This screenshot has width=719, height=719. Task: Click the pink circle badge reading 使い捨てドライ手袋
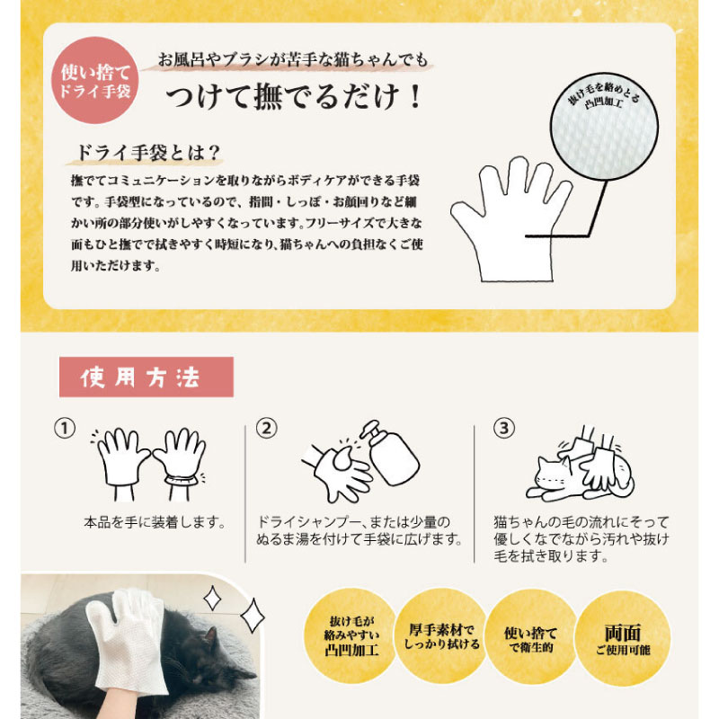pyautogui.click(x=95, y=81)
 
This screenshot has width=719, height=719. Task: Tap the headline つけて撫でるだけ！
pyautogui.click(x=294, y=96)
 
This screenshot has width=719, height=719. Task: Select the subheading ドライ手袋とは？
pyautogui.click(x=147, y=153)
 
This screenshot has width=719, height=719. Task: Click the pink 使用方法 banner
pyautogui.click(x=146, y=377)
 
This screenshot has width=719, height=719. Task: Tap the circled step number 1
pyautogui.click(x=65, y=429)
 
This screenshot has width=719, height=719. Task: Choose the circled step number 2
pyautogui.click(x=266, y=429)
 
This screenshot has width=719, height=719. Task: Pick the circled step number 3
pyautogui.click(x=504, y=429)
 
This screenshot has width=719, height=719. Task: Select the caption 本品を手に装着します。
pyautogui.click(x=155, y=522)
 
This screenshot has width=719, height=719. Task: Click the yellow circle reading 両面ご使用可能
pyautogui.click(x=623, y=638)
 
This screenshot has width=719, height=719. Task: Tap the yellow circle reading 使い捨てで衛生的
pyautogui.click(x=531, y=638)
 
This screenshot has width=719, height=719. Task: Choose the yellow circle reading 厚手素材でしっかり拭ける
pyautogui.click(x=441, y=637)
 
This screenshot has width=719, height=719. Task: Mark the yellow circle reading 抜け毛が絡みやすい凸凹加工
pyautogui.click(x=351, y=636)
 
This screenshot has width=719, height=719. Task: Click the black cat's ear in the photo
pyautogui.click(x=210, y=636)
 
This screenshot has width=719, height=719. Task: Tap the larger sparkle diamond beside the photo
pyautogui.click(x=253, y=617)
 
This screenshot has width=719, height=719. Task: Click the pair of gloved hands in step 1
pyautogui.click(x=151, y=463)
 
